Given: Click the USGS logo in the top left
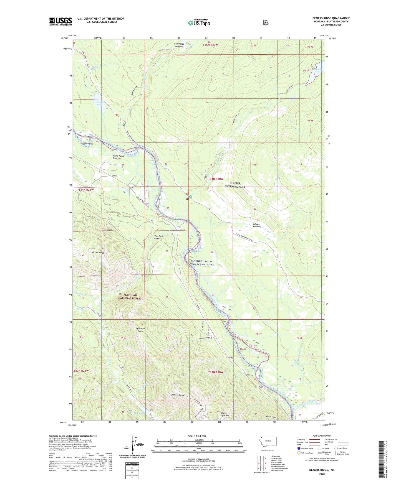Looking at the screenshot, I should pyautogui.click(x=60, y=21).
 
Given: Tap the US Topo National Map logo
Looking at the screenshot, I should pyautogui.click(x=198, y=23).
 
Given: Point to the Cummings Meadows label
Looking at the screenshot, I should pyautogui.click(x=179, y=45).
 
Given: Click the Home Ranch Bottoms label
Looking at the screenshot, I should pyautogui.click(x=118, y=157).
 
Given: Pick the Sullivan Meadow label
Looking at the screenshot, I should pyautogui.click(x=256, y=225).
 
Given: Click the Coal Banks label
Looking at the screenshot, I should pyautogui.click(x=158, y=237).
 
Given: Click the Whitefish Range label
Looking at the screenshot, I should pyautogui.click(x=140, y=330).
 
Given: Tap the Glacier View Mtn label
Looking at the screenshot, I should pyautogui.click(x=225, y=414).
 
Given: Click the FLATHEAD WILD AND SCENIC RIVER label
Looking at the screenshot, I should pyautogui.click(x=202, y=263).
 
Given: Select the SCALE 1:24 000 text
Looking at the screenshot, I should pyautogui.click(x=197, y=436).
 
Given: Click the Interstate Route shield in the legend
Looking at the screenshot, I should pyautogui.click(x=298, y=448).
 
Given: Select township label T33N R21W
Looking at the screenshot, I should pyautogui.click(x=81, y=371).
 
